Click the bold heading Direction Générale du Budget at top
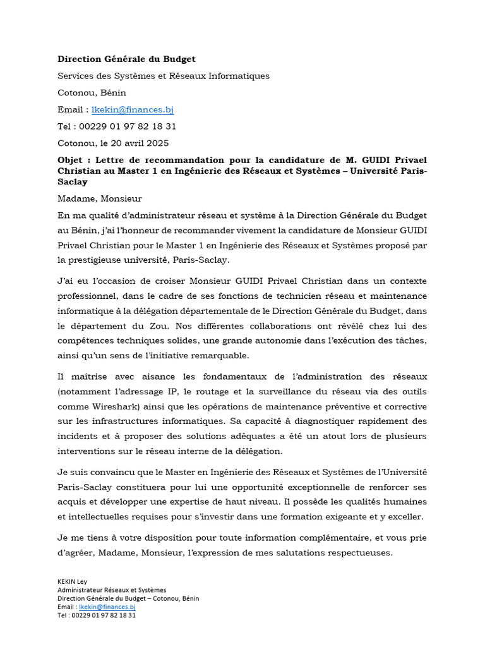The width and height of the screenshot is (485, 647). click(126, 59)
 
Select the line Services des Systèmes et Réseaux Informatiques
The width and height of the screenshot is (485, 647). click(164, 76)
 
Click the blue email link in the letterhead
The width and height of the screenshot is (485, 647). click(133, 109)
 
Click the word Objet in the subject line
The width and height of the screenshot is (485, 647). click(70, 159)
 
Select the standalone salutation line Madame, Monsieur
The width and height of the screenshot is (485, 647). click(100, 199)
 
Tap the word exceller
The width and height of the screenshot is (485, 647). click(404, 517)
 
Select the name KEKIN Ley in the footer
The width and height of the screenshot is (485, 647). click(73, 582)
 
